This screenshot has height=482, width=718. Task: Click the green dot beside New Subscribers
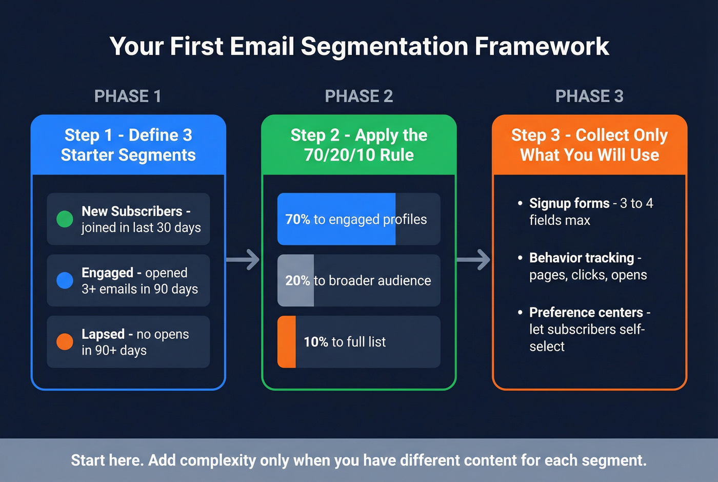point(65,219)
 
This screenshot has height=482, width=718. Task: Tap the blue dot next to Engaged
point(65,280)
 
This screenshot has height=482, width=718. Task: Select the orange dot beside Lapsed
point(65,341)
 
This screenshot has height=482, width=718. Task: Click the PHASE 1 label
point(128,96)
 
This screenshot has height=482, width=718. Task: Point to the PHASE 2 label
point(358,96)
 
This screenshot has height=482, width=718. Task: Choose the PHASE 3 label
point(589,96)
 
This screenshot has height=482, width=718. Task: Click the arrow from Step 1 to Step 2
point(244,260)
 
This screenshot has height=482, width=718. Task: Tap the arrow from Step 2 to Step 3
point(474,260)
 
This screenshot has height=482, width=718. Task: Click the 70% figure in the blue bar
point(297,220)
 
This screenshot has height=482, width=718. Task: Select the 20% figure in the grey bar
point(297,281)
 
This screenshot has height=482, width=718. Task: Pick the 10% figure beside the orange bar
point(316,342)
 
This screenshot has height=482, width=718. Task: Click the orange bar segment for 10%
point(287,342)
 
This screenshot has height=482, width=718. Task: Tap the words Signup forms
point(569,203)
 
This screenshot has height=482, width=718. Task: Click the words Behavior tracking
point(582,258)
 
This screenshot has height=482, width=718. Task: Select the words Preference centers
point(586,312)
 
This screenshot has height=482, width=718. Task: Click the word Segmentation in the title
point(384,46)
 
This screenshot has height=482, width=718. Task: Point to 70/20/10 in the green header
point(337,155)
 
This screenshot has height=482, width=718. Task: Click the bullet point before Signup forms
point(520,203)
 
